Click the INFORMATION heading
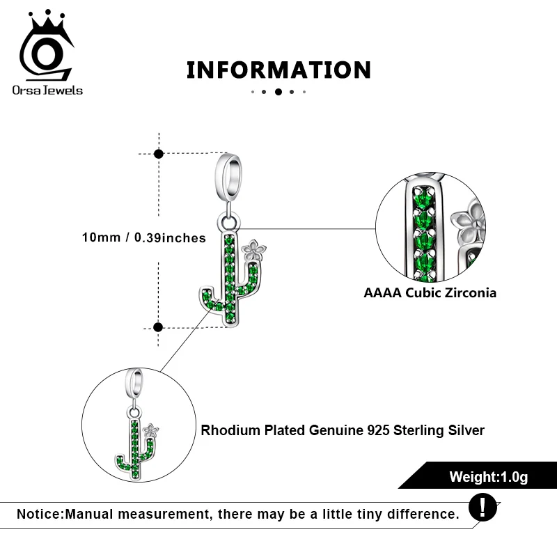[x=278, y=70]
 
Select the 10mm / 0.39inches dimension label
[x=143, y=238]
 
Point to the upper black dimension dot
[x=159, y=153]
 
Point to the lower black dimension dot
[x=159, y=327]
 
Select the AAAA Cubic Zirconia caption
[x=430, y=293]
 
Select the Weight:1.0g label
[x=488, y=478]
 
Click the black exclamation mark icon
[x=483, y=506]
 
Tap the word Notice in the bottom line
[x=40, y=515]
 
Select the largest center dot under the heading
[x=278, y=91]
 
